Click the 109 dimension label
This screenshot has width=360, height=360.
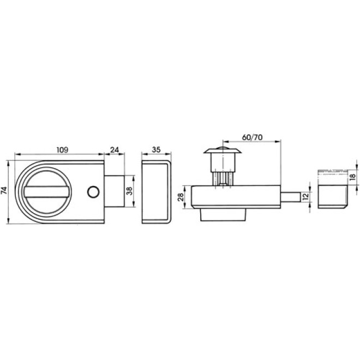click(62, 149)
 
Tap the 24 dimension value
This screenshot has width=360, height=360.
click(115, 149)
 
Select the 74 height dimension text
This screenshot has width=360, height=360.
click(4, 191)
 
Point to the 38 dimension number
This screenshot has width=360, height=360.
click(130, 191)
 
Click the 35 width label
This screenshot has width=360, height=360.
click(156, 149)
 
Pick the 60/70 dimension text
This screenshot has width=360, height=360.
click(252, 137)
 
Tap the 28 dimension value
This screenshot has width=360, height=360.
click(181, 197)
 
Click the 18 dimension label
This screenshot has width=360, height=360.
click(353, 177)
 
